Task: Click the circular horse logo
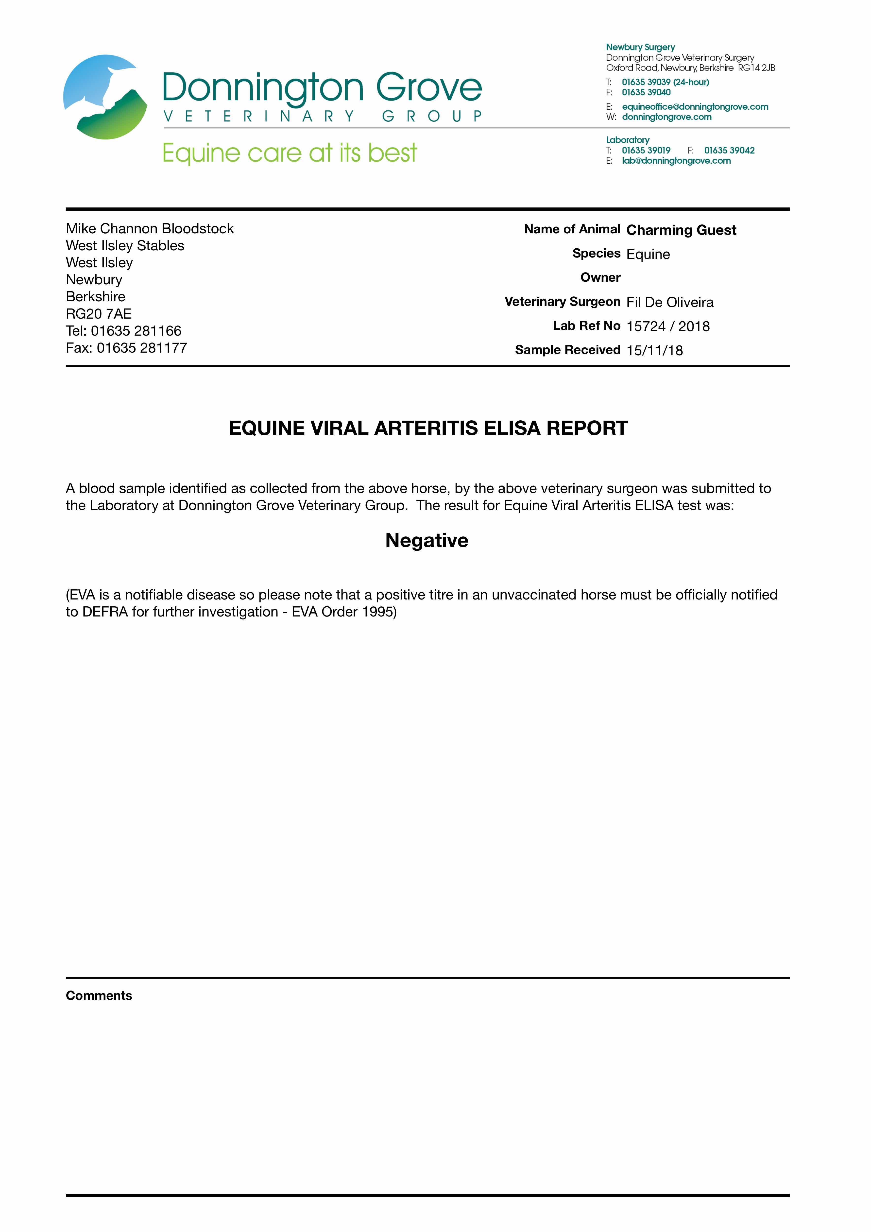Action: click(105, 97)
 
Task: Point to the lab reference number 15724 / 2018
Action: click(668, 326)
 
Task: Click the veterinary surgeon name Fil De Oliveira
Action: click(670, 303)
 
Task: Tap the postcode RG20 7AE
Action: click(99, 314)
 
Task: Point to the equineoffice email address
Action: click(695, 107)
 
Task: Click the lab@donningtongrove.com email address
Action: click(676, 161)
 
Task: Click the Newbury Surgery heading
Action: click(640, 47)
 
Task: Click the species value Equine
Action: click(648, 254)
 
